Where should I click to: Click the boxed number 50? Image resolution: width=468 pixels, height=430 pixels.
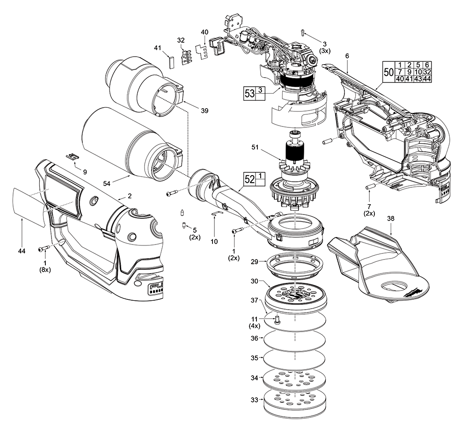pyautogui.click(x=388, y=73)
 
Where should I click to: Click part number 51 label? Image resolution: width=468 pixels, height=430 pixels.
pyautogui.click(x=255, y=148)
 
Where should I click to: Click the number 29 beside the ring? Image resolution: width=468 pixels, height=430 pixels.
pyautogui.click(x=254, y=263)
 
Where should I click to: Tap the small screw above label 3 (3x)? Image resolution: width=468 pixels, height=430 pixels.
pyautogui.click(x=302, y=32)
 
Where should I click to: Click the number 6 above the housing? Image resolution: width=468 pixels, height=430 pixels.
pyautogui.click(x=347, y=56)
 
